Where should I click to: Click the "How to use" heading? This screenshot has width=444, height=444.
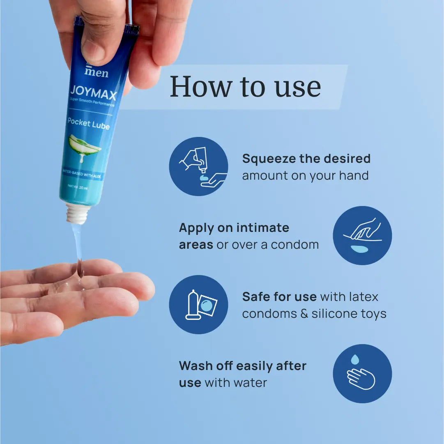[x=245, y=87]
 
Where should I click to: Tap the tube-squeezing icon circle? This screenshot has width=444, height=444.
[x=198, y=166]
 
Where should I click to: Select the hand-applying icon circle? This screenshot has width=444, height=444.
[x=362, y=236]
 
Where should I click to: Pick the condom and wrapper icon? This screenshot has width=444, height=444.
[x=198, y=304]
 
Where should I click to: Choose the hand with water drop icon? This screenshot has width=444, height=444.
[x=362, y=373]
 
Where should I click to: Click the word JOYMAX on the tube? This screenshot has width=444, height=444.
[x=93, y=93]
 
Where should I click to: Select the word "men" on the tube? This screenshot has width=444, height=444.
[x=97, y=73]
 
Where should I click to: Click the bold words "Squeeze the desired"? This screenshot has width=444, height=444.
[x=306, y=158]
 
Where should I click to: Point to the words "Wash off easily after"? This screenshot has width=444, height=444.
[x=243, y=365]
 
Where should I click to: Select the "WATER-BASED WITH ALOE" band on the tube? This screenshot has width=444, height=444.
[x=81, y=175]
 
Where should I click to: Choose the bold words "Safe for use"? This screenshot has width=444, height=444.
[x=279, y=296]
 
